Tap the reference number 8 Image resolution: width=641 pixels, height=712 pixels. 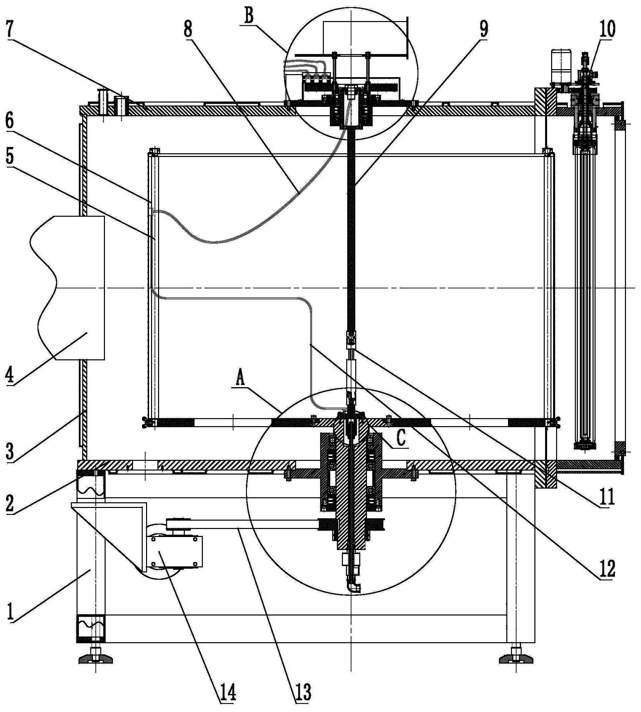(188, 29)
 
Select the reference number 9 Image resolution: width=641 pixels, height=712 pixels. (484, 29)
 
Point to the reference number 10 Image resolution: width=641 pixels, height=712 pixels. (607, 29)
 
